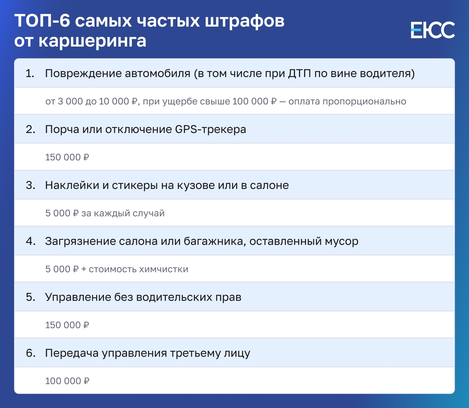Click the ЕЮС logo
pyautogui.click(x=433, y=30)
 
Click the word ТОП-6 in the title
pyautogui.click(x=42, y=21)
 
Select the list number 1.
pyautogui.click(x=30, y=74)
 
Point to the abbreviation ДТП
pyautogui.click(x=300, y=74)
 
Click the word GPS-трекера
pyautogui.click(x=210, y=129)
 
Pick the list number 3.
pyautogui.click(x=30, y=185)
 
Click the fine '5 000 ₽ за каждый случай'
pyautogui.click(x=105, y=213)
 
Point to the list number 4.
pyautogui.click(x=30, y=241)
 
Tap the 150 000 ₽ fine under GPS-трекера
pyautogui.click(x=67, y=157)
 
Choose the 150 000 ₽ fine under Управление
pyautogui.click(x=67, y=325)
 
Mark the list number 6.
pyautogui.click(x=30, y=353)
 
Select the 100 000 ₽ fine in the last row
pyautogui.click(x=67, y=381)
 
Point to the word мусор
pyautogui.click(x=342, y=242)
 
